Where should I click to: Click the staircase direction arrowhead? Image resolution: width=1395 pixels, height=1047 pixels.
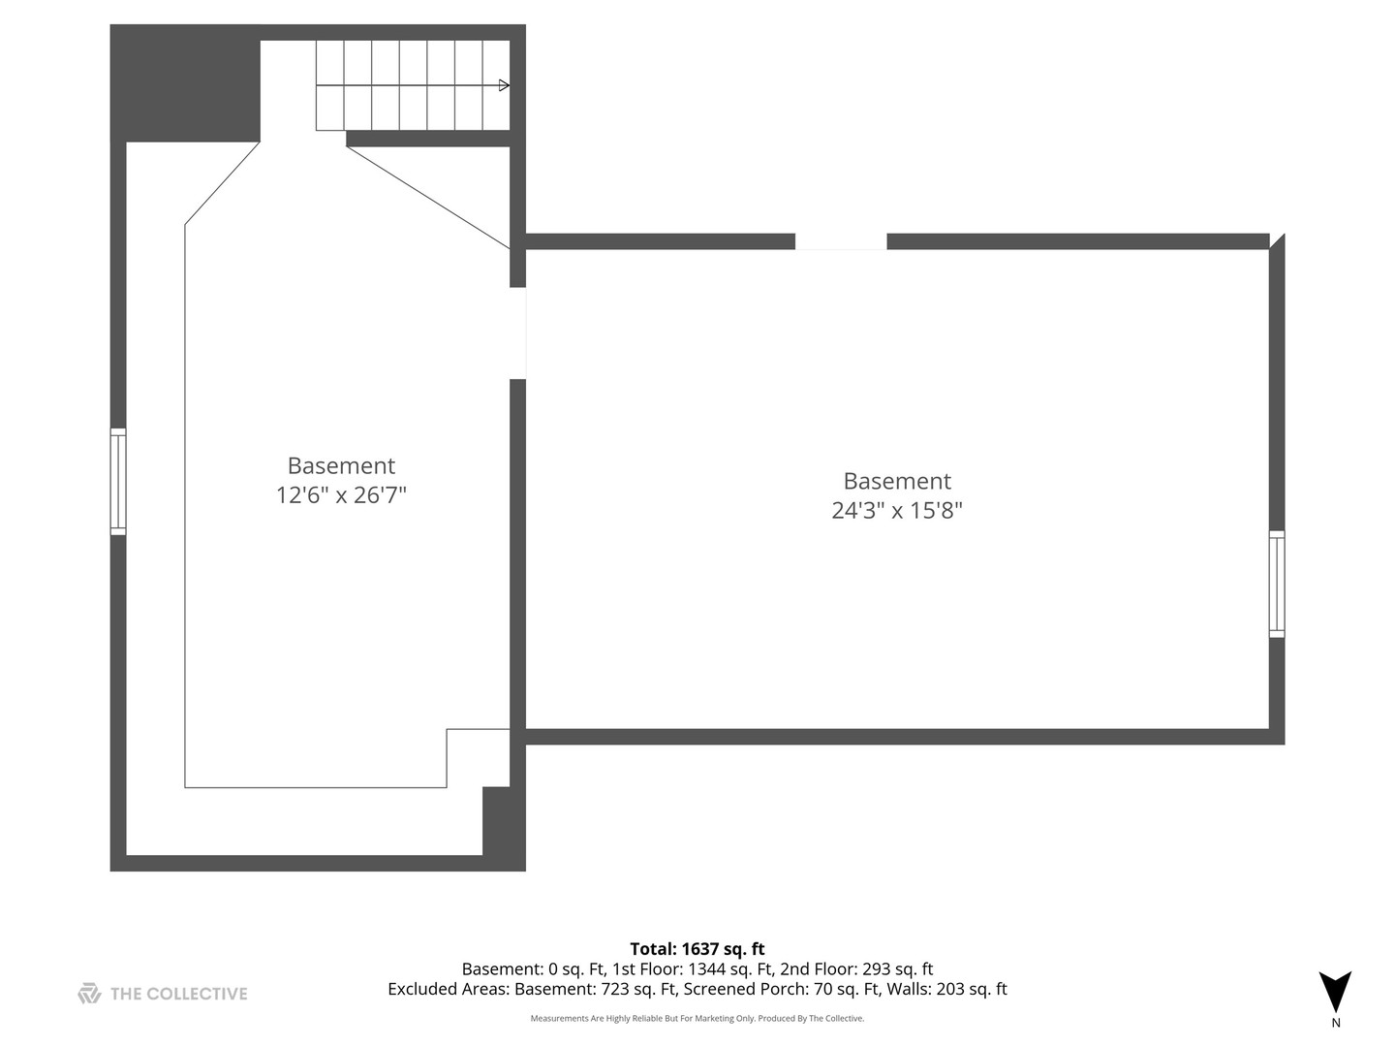504,85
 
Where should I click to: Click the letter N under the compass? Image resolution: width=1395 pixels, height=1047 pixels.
1336,1023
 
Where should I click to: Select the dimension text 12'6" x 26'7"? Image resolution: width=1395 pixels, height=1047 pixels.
341,495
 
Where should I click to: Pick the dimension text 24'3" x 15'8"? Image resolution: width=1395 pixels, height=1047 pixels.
897,511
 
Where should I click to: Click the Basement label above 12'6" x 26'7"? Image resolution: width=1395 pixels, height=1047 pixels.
341,466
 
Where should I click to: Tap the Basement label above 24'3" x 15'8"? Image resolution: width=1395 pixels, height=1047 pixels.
897,482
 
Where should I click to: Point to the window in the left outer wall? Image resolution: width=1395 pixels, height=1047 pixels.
118,482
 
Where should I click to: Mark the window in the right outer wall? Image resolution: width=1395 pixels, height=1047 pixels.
1277,584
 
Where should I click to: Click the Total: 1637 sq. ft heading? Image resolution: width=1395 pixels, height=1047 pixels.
697,949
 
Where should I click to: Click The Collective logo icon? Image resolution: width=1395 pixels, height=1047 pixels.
89,994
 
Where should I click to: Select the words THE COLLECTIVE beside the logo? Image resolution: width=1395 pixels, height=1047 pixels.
179,994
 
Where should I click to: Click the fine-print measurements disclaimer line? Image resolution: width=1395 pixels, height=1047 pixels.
697,1019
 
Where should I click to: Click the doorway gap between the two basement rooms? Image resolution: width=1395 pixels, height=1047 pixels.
518,333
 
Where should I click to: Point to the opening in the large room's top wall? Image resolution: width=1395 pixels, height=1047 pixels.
841,241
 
